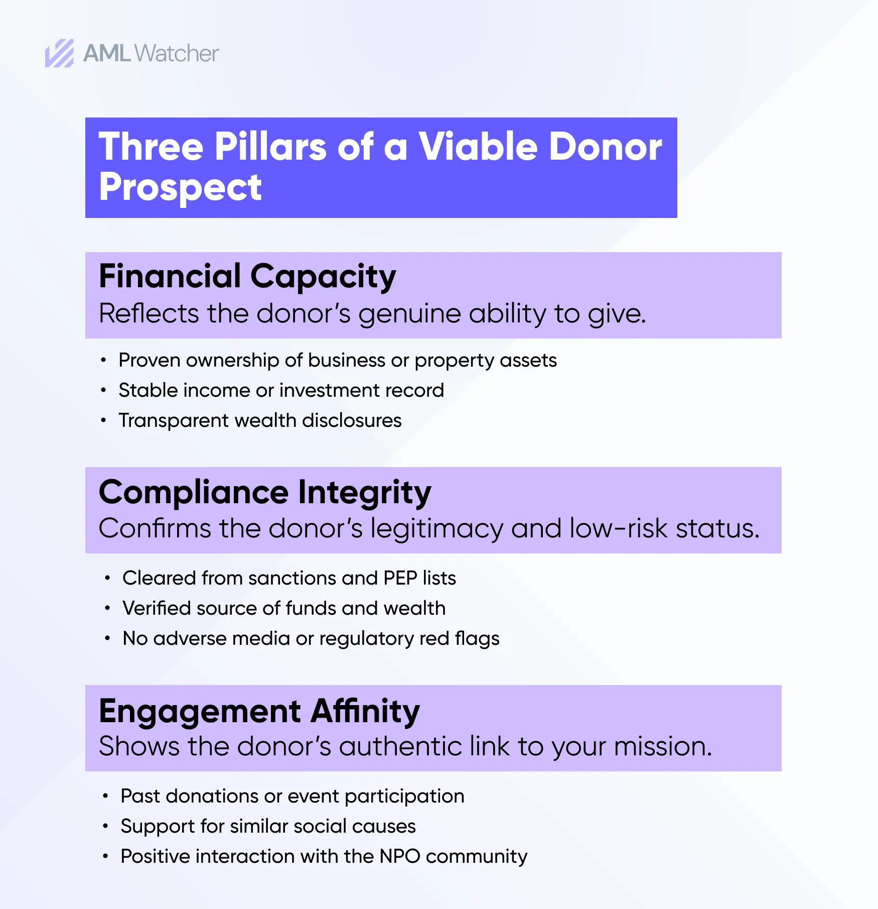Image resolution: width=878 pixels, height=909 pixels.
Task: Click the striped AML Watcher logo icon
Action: click(59, 53)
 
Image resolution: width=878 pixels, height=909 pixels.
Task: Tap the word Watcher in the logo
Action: click(177, 53)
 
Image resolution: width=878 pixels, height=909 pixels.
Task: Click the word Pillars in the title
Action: click(270, 147)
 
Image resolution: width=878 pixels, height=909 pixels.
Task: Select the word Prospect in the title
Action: click(180, 187)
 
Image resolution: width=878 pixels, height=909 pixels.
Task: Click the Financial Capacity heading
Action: click(247, 276)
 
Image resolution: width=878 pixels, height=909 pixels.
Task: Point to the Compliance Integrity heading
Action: click(265, 492)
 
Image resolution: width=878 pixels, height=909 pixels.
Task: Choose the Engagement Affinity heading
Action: click(259, 711)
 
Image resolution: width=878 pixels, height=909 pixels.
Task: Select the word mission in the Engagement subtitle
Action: click(662, 746)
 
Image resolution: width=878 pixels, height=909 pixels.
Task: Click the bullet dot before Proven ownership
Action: click(103, 360)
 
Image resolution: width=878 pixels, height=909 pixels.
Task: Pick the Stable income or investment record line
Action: click(281, 390)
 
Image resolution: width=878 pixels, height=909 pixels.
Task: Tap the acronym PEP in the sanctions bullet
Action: click(400, 578)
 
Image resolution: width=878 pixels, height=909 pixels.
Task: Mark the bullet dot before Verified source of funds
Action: click(107, 608)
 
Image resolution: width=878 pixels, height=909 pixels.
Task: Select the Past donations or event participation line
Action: click(292, 796)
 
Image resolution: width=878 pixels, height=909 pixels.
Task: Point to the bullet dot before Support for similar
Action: click(105, 826)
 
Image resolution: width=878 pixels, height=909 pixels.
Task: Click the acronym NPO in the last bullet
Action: click(399, 856)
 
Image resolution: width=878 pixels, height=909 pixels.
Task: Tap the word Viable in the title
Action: click(478, 147)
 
